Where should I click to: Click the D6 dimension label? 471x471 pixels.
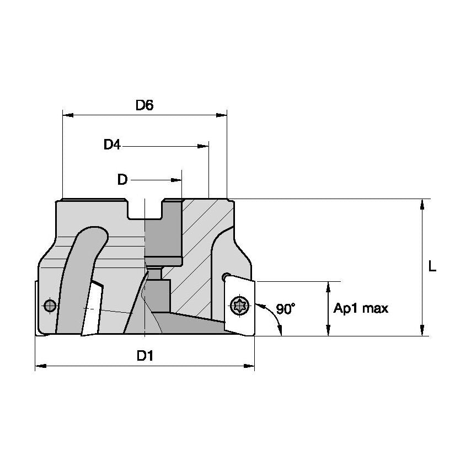point(144,105)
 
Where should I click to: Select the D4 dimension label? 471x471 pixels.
point(112,145)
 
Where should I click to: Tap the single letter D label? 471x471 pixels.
point(122,180)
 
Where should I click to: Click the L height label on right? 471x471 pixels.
point(432,267)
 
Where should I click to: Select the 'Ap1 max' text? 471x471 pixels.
point(361,308)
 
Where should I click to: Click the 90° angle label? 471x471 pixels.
point(286,309)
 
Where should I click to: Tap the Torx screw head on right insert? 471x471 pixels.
point(240,304)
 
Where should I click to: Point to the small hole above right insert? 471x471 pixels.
point(225,276)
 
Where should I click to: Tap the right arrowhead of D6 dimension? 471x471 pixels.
point(222,115)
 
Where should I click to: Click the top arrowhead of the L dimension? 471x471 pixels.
point(422,204)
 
